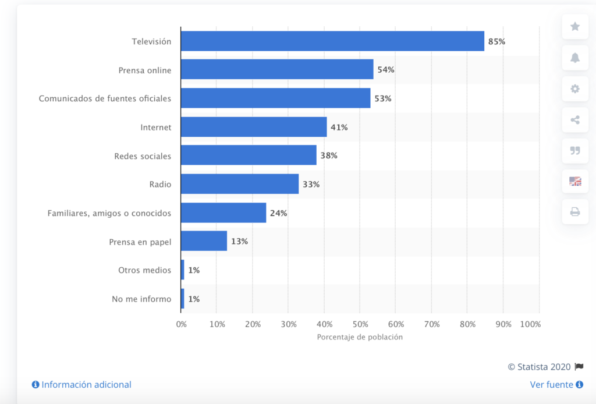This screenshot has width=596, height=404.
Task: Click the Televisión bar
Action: pyautogui.click(x=332, y=41)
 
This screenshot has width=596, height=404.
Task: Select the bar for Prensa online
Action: pyautogui.click(x=277, y=70)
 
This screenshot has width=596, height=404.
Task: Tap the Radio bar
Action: pyautogui.click(x=240, y=185)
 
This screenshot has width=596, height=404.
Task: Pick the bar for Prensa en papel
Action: pyautogui.click(x=204, y=241)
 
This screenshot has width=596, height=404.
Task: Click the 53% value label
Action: pyautogui.click(x=383, y=98)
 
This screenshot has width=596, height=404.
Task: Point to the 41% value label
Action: pyautogui.click(x=339, y=127)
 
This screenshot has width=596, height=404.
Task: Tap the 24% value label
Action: pyautogui.click(x=278, y=213)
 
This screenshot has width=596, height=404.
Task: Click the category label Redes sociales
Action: pyautogui.click(x=143, y=156)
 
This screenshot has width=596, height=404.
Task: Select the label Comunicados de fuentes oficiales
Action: pyautogui.click(x=105, y=98)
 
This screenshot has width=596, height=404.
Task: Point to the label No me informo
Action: pyautogui.click(x=141, y=299)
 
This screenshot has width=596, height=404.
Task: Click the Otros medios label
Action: pyautogui.click(x=144, y=270)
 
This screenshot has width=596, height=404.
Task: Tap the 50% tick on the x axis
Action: pyautogui.click(x=360, y=324)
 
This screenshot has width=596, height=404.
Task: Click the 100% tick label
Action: pyautogui.click(x=531, y=324)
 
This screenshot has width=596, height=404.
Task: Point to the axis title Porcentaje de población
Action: pyautogui.click(x=360, y=337)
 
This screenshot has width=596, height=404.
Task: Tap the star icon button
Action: pyautogui.click(x=575, y=27)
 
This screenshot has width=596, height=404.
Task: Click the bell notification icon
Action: pyautogui.click(x=575, y=58)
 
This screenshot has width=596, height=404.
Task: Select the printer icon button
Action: pyautogui.click(x=575, y=212)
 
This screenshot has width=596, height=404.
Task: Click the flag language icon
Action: pyautogui.click(x=575, y=181)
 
